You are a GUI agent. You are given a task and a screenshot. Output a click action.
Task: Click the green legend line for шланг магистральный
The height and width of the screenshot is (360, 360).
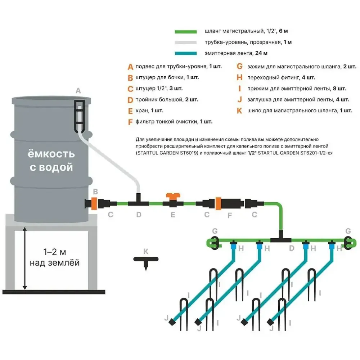click(186, 32)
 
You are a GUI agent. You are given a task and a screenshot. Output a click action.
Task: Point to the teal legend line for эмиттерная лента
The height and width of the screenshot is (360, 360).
click(186, 53)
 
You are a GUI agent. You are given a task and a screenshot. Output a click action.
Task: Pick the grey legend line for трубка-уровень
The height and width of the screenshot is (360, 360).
click(186, 42)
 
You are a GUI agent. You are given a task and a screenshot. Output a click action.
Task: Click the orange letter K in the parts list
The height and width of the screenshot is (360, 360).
click(239, 111)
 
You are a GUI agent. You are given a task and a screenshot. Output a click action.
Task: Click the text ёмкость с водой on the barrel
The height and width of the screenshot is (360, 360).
click(51, 161)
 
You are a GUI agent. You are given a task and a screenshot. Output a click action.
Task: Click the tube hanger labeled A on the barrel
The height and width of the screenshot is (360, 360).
click(79, 115)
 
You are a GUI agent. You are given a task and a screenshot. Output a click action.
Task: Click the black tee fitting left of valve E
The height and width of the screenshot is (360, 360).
click(139, 202)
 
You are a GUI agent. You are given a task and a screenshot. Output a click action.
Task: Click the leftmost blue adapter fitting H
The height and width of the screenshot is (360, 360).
click(233, 247)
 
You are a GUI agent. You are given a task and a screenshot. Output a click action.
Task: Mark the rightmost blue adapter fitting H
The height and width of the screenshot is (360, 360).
click(332, 247)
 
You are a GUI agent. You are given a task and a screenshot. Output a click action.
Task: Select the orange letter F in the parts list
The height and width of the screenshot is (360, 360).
click(130, 122)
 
